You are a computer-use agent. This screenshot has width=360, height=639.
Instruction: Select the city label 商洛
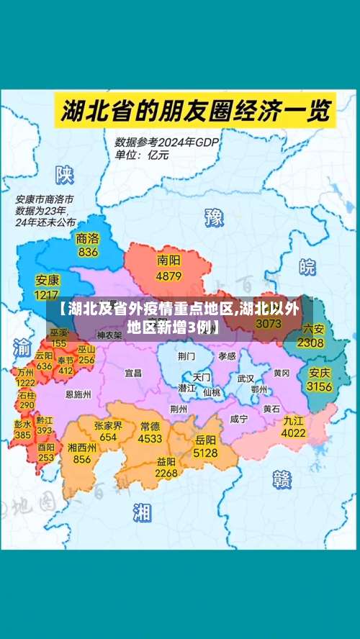(88, 238)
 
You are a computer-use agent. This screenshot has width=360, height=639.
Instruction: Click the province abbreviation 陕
(66, 174)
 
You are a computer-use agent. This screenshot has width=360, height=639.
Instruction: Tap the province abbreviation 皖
(307, 268)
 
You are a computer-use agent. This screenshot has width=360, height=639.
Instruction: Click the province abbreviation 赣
(282, 478)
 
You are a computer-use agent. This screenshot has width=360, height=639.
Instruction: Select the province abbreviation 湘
(142, 512)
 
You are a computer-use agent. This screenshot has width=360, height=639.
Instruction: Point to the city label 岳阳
(205, 439)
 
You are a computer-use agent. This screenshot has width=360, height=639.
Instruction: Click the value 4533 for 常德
(150, 438)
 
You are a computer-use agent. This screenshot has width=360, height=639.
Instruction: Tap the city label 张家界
(108, 425)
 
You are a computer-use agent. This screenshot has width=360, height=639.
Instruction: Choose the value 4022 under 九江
(293, 433)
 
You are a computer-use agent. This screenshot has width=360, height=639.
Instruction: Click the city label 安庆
(319, 373)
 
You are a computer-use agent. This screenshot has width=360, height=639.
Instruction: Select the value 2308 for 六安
(310, 343)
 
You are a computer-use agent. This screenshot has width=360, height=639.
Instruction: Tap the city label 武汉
(246, 378)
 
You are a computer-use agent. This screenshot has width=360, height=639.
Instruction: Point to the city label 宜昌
(133, 373)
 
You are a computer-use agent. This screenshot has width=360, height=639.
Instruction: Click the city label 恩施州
(78, 394)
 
